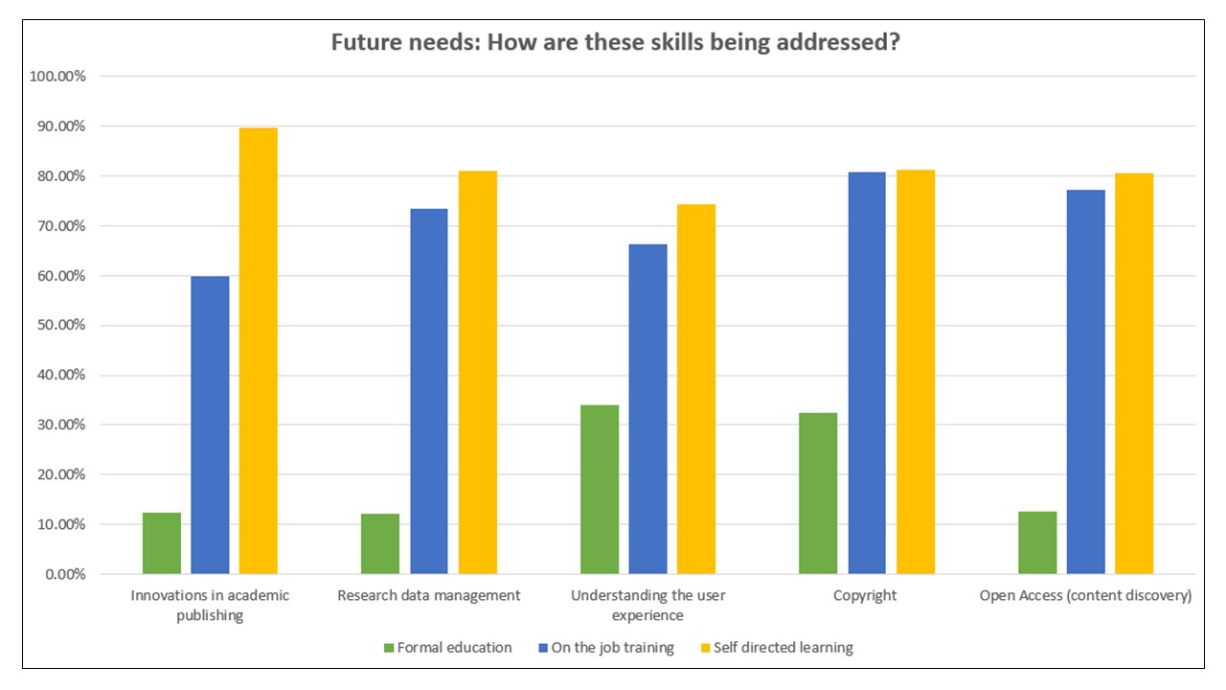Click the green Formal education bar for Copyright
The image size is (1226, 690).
(x=817, y=494)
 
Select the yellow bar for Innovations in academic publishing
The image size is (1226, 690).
(x=258, y=351)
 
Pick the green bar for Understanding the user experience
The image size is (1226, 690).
(x=600, y=490)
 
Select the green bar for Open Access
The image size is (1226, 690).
(x=1037, y=542)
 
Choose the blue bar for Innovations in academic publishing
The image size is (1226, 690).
(x=210, y=425)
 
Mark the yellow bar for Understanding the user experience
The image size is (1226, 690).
(x=696, y=389)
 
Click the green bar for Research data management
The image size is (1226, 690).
(x=380, y=543)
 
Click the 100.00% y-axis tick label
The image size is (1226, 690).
(x=56, y=77)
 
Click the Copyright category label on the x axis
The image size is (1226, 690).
(x=865, y=595)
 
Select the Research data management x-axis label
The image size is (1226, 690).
(x=428, y=595)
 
